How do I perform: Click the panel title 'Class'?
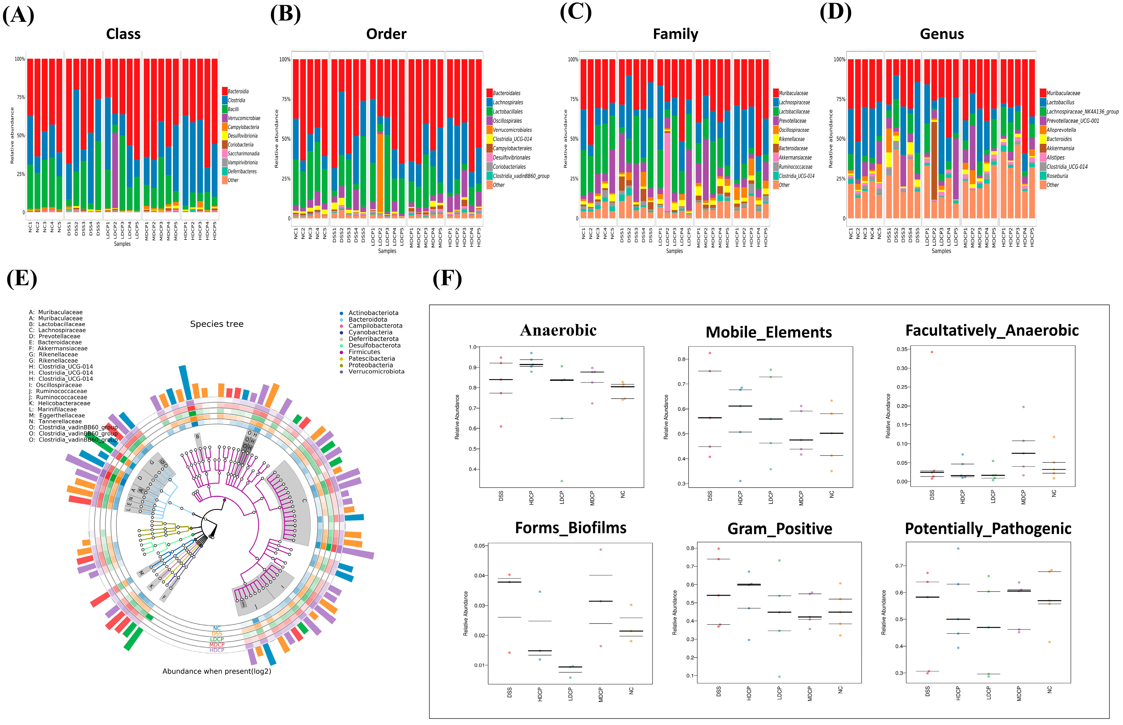coord(123,34)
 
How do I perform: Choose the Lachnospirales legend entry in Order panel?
coord(507,102)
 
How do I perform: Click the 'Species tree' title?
coord(216,324)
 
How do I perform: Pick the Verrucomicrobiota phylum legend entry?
coord(376,372)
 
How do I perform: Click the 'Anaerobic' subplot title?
coord(558,330)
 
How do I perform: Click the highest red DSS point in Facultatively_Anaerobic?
coord(932,352)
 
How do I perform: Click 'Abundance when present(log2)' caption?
coord(216,671)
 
